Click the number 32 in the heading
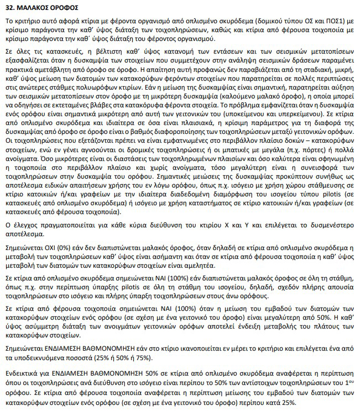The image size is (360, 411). coord(10,8)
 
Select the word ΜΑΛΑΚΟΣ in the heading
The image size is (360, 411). coord(34,8)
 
